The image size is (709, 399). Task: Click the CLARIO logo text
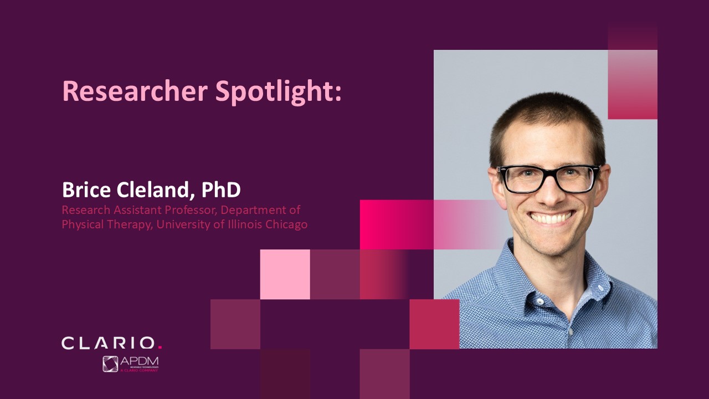click(x=108, y=343)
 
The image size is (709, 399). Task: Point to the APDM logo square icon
click(x=110, y=364)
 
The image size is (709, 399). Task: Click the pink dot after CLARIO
click(x=160, y=348)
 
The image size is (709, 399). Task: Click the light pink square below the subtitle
click(x=285, y=274)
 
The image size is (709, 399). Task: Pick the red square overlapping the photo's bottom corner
click(x=434, y=324)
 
